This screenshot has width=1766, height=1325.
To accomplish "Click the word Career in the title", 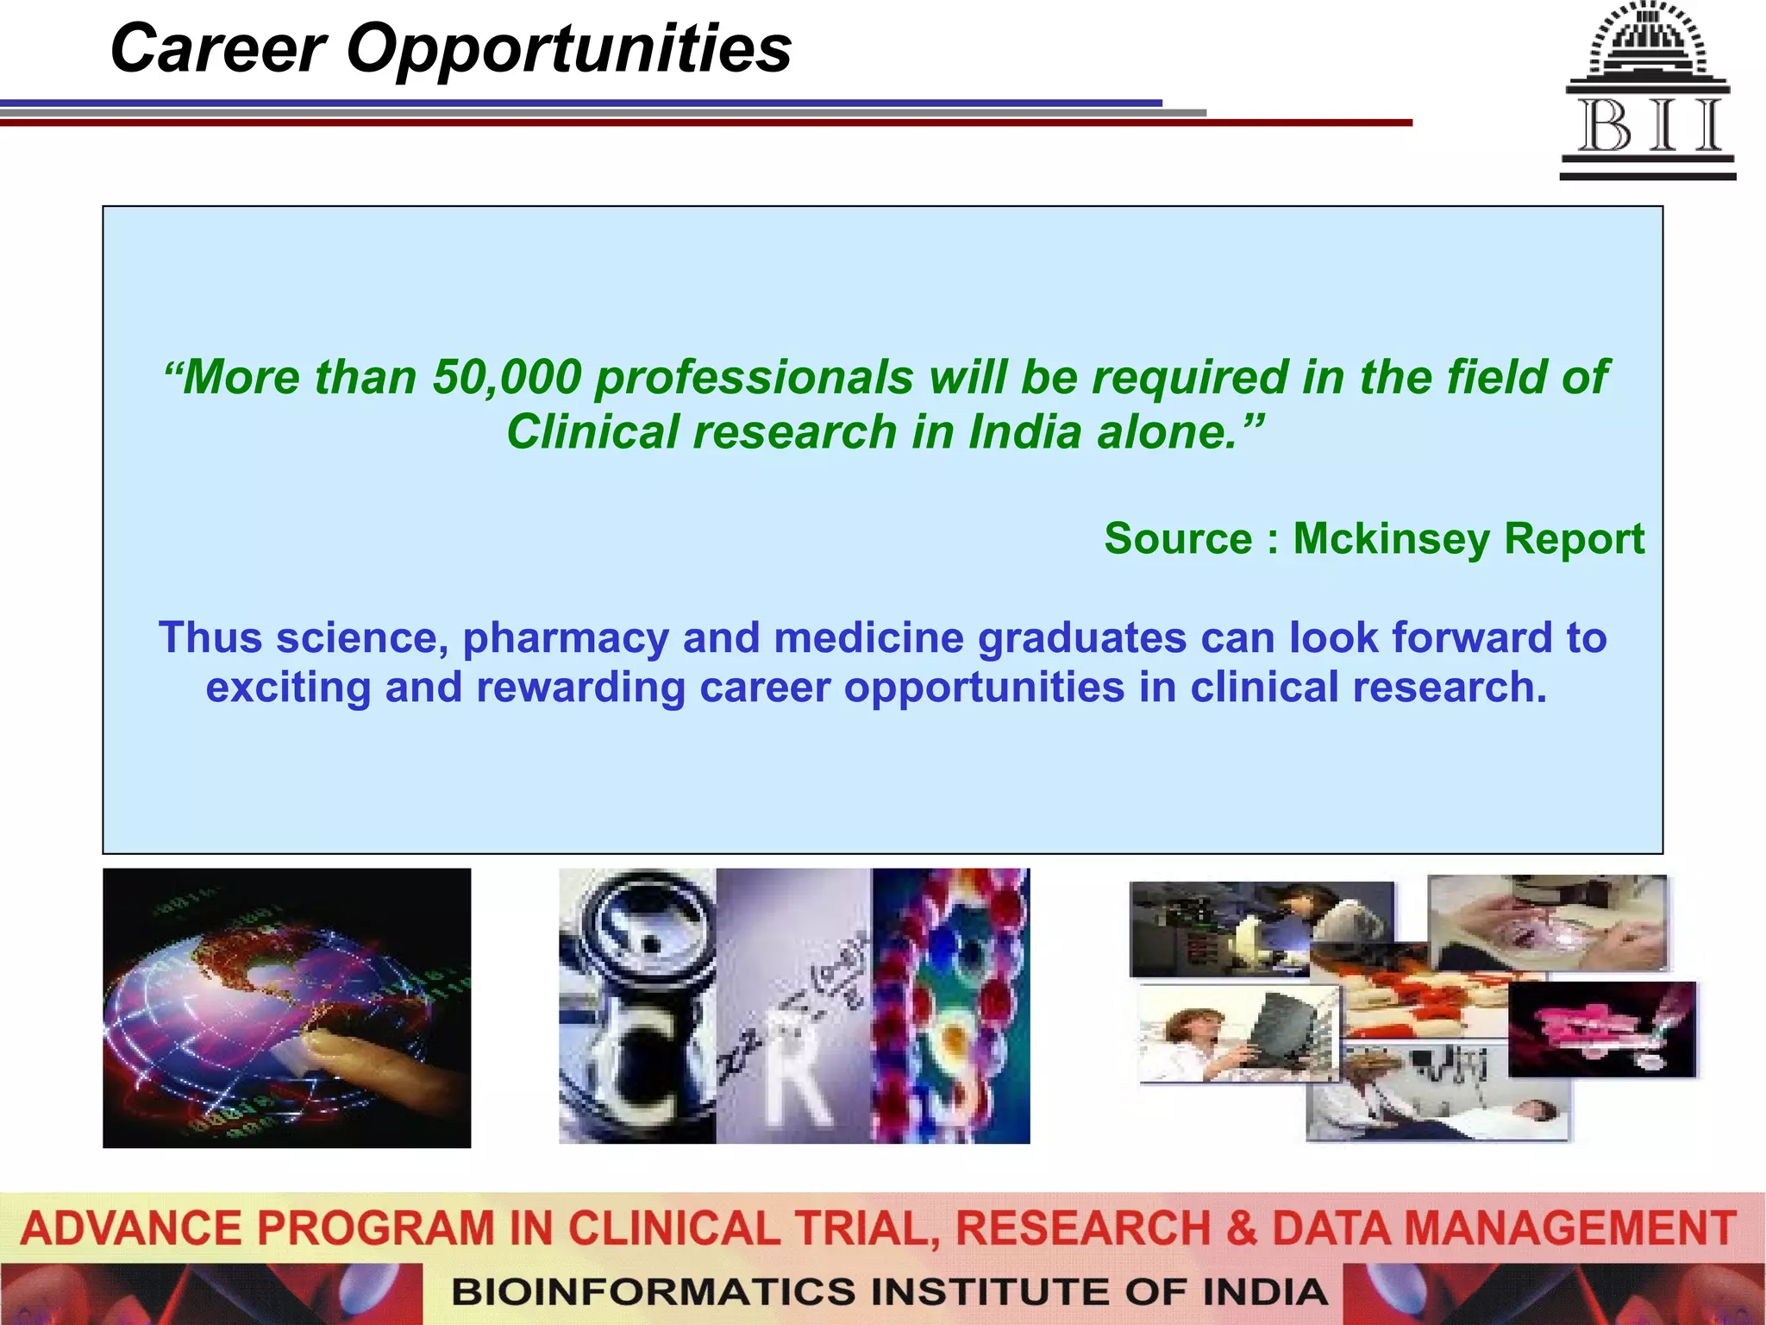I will [218, 49].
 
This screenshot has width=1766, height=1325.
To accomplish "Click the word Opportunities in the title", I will [568, 49].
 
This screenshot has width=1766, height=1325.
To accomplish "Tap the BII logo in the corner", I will [1648, 91].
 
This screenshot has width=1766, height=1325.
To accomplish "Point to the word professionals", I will [755, 377].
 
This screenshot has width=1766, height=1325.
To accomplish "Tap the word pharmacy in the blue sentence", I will [566, 638].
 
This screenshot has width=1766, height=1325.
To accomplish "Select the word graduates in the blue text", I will [1082, 638].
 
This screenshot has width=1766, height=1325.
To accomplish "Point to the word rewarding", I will [580, 688].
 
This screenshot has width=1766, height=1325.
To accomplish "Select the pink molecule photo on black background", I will [1601, 1028].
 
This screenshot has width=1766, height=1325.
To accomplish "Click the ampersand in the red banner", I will [1241, 1228].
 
